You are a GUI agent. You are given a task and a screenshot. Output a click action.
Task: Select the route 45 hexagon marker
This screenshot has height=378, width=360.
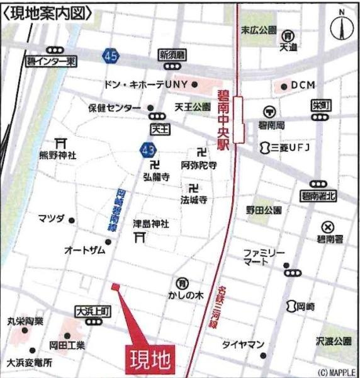coord(110,57)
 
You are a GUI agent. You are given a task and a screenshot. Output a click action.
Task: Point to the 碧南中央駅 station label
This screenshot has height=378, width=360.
coord(225,120)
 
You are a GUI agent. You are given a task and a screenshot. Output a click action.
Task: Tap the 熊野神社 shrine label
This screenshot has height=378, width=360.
coord(59,155)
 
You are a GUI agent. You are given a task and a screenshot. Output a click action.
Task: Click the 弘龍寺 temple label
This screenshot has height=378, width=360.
coord(156,178)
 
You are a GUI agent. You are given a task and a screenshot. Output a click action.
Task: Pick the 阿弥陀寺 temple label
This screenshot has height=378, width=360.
coord(199,166)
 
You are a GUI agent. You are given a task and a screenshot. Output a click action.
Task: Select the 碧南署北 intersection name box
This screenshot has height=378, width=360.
coord(318,196)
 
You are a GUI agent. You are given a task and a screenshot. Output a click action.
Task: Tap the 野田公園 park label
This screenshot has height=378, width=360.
coord(264,210)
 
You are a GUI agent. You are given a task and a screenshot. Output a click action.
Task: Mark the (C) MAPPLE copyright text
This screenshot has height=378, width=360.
coord(336,372)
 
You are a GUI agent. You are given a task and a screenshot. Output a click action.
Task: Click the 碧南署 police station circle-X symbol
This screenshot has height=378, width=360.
coord(327,227)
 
